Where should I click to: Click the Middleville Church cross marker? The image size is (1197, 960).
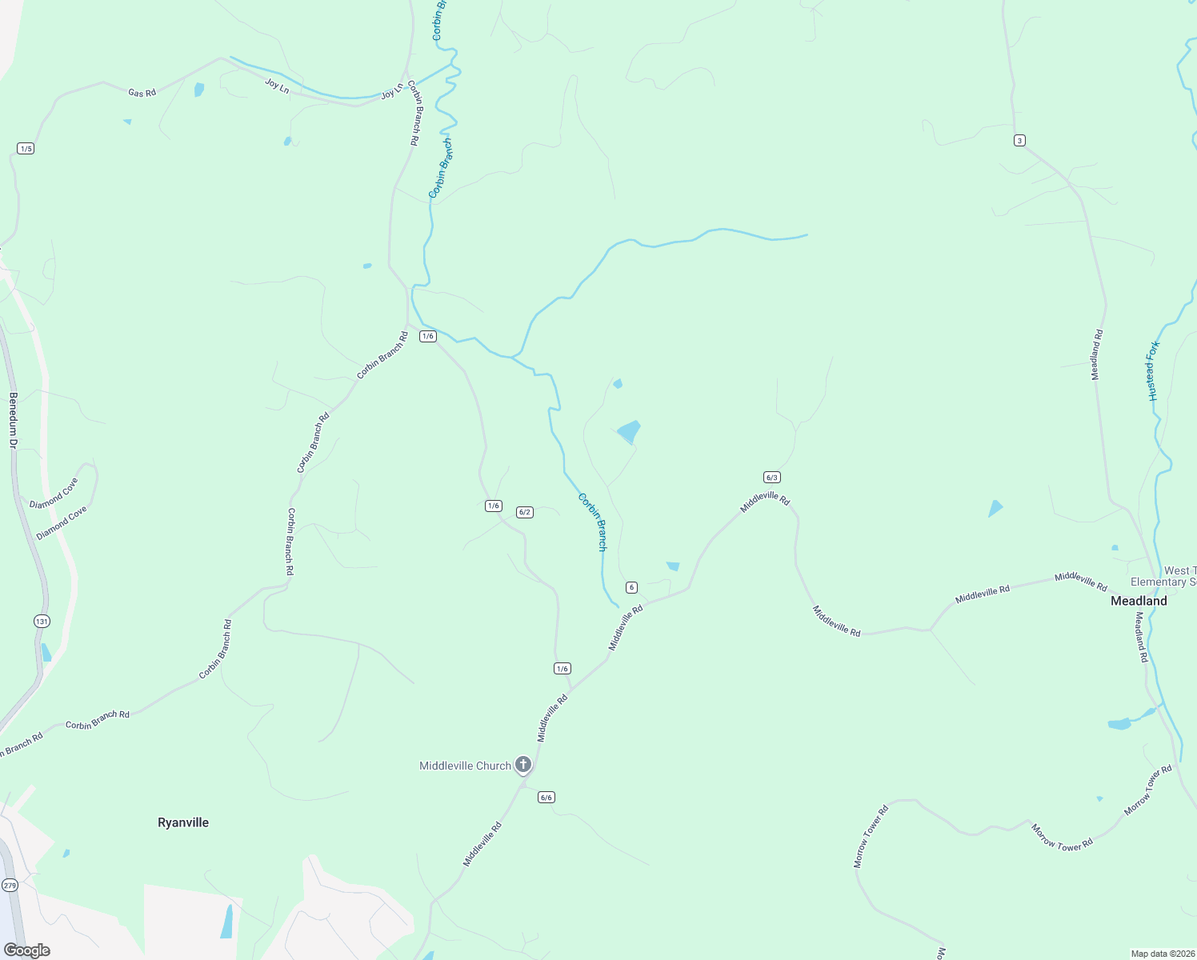(x=522, y=765)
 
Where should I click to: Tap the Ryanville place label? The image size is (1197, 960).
(x=183, y=822)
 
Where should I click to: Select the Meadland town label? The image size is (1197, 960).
(x=1139, y=601)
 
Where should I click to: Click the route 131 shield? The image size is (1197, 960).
(x=42, y=621)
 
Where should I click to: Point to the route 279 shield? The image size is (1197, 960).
(x=10, y=885)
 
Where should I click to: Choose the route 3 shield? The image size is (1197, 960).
(x=1019, y=141)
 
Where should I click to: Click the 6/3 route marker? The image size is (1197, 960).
(x=771, y=478)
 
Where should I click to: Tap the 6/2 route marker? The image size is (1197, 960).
(x=525, y=512)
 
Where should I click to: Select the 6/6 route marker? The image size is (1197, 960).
(x=546, y=797)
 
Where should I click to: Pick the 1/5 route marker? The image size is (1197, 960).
(x=26, y=149)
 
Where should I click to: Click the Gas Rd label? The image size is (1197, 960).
(x=142, y=93)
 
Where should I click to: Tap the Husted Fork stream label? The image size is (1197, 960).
(x=1153, y=370)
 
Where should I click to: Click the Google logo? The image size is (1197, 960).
(x=26, y=950)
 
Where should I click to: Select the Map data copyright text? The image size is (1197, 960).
(x=1162, y=954)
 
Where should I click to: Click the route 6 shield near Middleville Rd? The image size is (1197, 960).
(x=632, y=587)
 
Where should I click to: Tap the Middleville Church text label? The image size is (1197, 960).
(x=465, y=766)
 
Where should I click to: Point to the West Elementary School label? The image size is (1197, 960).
(x=1164, y=576)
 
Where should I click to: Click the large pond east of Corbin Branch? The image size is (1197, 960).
(x=630, y=431)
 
